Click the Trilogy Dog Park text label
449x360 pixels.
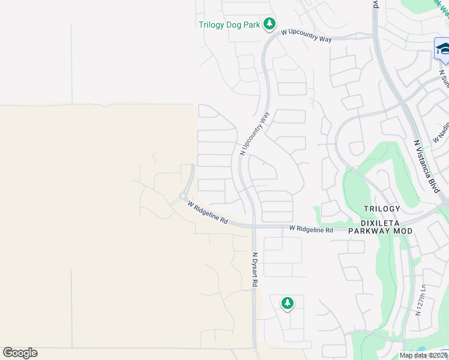tap(231, 25)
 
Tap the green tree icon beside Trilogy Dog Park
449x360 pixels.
tap(271, 24)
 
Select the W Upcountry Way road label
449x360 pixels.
tap(306, 35)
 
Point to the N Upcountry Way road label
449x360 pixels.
tap(255, 133)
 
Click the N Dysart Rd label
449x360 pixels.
tap(255, 269)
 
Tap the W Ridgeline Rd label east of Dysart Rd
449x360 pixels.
tap(311, 229)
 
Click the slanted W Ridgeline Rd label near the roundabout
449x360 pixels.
tap(207, 213)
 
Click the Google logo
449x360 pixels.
tap(20, 353)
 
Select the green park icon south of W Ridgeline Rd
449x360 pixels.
tap(288, 304)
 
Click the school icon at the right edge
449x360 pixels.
tap(442, 48)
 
